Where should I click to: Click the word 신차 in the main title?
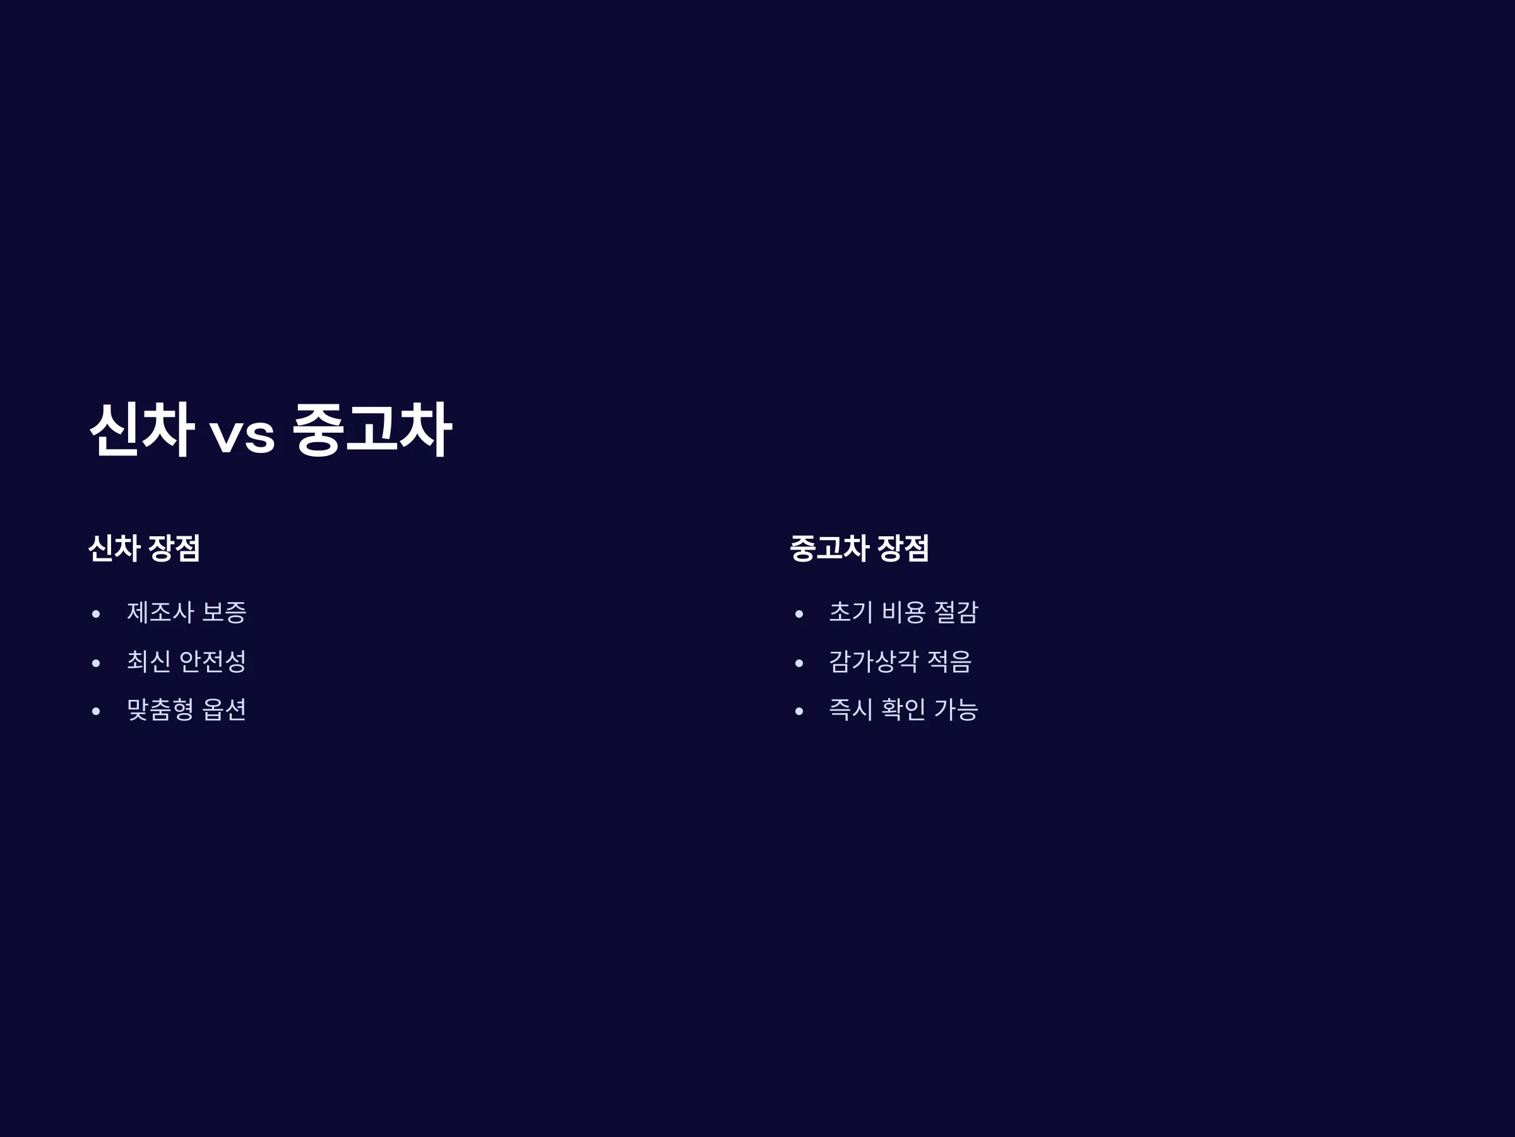pyautogui.click(x=142, y=429)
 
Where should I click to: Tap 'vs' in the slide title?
pyautogui.click(x=242, y=435)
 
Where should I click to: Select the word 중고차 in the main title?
pyautogui.click(x=372, y=429)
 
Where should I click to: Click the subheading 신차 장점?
pyautogui.click(x=145, y=548)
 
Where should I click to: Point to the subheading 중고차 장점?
pyautogui.click(x=860, y=548)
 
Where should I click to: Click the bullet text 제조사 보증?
pyautogui.click(x=186, y=612)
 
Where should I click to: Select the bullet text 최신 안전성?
pyautogui.click(x=186, y=661)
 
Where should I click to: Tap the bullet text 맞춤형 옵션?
pyautogui.click(x=186, y=709)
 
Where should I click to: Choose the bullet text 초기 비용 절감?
pyautogui.click(x=903, y=612)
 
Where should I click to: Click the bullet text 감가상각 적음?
pyautogui.click(x=900, y=661)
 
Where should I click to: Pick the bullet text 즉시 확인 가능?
pyautogui.click(x=903, y=709)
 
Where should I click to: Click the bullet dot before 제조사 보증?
pyautogui.click(x=96, y=614)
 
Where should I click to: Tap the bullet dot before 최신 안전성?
pyautogui.click(x=96, y=663)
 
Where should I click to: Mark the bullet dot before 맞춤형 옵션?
pyautogui.click(x=96, y=711)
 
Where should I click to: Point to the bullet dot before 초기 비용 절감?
pyautogui.click(x=799, y=614)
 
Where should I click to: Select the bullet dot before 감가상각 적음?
pyautogui.click(x=799, y=663)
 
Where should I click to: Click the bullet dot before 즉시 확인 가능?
pyautogui.click(x=799, y=711)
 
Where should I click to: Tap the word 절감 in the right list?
pyautogui.click(x=956, y=612)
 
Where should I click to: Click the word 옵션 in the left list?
pyautogui.click(x=224, y=709)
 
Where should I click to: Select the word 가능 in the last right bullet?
pyautogui.click(x=956, y=709)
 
